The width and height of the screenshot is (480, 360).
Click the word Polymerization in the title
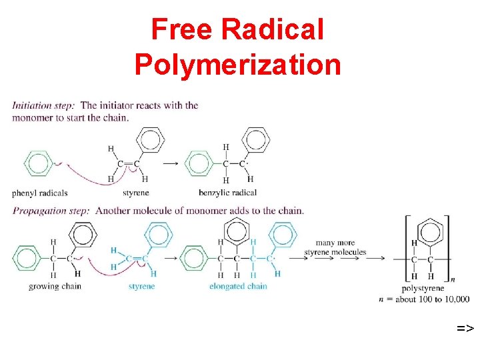click(238, 65)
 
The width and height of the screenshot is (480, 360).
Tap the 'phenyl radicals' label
click(40, 193)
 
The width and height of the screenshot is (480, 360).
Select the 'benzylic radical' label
click(227, 193)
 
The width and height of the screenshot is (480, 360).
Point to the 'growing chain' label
click(55, 287)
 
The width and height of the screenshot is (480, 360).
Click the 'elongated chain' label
click(238, 287)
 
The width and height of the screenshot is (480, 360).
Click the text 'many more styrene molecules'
click(335, 247)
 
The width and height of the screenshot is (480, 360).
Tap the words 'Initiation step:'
click(44, 105)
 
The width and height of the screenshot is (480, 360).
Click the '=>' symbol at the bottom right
click(465, 328)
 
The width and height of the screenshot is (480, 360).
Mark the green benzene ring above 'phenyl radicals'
click(39, 163)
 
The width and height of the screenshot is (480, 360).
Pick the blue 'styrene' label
click(141, 287)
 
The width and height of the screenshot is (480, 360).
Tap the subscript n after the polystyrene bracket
click(453, 279)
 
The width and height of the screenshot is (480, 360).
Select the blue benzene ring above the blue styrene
click(158, 234)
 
